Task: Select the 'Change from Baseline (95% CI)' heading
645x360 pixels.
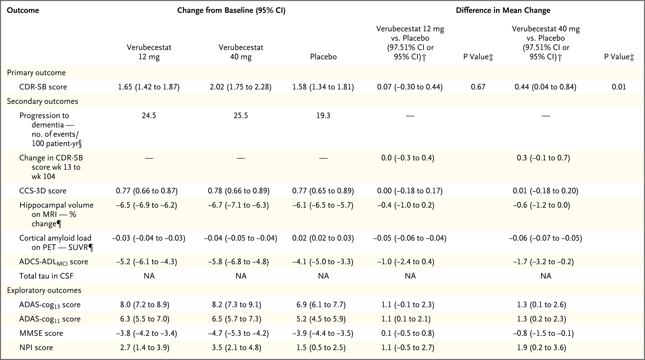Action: (x=231, y=10)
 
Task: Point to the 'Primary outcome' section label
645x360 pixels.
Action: (x=36, y=73)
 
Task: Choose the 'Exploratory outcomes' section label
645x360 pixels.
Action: (x=44, y=290)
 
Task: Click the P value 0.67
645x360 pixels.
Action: (x=478, y=87)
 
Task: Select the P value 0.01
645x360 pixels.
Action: (x=619, y=87)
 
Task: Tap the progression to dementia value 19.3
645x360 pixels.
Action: (x=323, y=116)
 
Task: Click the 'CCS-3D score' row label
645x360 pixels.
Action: (x=43, y=191)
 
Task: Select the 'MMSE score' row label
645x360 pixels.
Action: (x=41, y=333)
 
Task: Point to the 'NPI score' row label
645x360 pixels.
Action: (x=37, y=348)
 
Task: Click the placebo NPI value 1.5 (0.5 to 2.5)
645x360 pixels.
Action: (x=323, y=348)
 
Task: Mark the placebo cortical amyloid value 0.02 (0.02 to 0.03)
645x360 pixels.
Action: (x=323, y=238)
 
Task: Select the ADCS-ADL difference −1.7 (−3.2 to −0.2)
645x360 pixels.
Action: (x=546, y=262)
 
